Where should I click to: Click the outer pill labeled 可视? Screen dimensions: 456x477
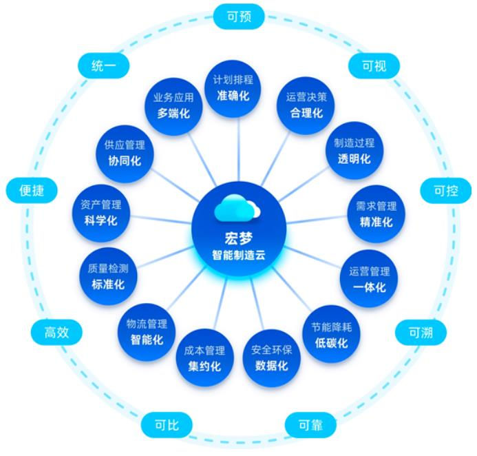(374, 66)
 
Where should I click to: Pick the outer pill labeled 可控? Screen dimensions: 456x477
(446, 191)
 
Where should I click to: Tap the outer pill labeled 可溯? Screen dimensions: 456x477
(421, 333)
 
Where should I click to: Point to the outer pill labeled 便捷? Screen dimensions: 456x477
(30, 190)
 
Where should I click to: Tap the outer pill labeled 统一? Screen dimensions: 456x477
(104, 66)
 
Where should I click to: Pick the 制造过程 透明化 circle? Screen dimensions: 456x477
(354, 150)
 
